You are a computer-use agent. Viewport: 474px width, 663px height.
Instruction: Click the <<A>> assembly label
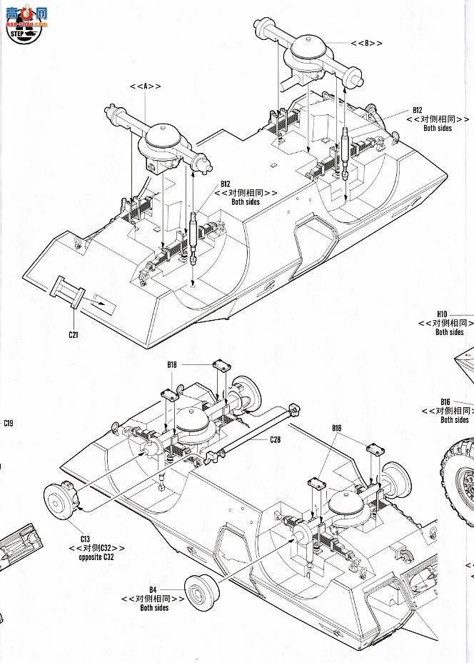point(145,86)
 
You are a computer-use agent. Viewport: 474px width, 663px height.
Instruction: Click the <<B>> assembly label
point(366,43)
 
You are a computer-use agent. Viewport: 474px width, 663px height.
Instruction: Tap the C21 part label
point(73,334)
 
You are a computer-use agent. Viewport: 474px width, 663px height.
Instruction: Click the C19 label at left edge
point(8,424)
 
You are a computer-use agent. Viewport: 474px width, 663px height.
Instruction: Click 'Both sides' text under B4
point(154,607)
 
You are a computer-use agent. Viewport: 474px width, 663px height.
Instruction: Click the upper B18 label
point(172,364)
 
